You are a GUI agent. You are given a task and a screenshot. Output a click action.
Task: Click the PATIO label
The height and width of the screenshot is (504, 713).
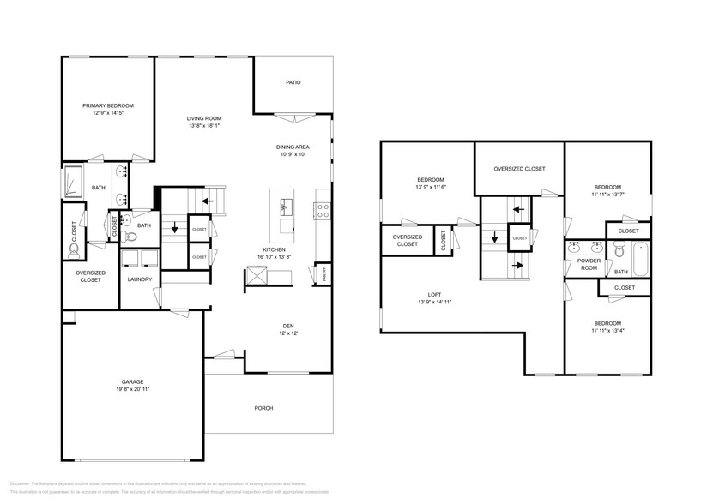pos(293,83)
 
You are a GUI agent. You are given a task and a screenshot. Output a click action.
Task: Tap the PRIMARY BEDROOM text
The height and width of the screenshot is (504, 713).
pos(107,105)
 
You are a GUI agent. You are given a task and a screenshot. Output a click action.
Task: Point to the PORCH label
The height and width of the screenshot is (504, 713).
pos(264,408)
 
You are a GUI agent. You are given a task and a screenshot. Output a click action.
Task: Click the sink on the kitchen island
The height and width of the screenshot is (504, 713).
pos(283,206)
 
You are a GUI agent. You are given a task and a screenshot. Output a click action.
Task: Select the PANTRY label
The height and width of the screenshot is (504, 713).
pos(324,274)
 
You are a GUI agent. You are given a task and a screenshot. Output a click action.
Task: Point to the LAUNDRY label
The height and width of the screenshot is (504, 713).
pos(139,279)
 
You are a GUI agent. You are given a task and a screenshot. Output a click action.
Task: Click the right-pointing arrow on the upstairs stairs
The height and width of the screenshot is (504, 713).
pos(518,265)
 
